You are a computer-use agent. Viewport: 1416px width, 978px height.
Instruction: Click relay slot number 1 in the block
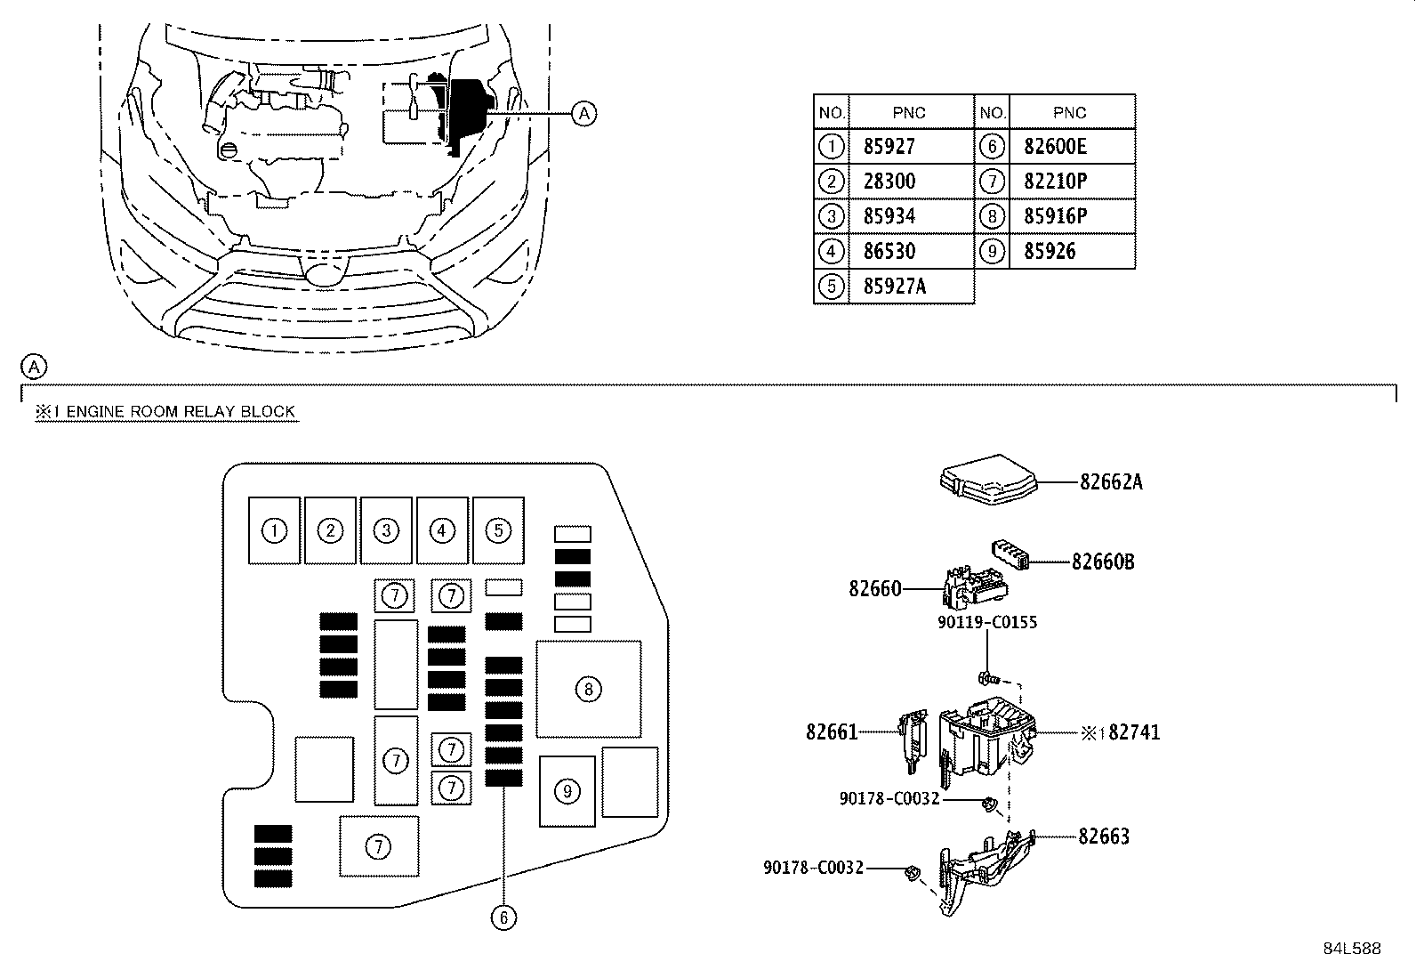pyautogui.click(x=275, y=531)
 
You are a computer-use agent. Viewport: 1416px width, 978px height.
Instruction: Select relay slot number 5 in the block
pyautogui.click(x=498, y=531)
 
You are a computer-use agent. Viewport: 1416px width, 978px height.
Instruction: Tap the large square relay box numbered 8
pyautogui.click(x=588, y=689)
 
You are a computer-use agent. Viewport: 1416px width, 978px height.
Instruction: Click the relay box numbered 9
pyautogui.click(x=567, y=791)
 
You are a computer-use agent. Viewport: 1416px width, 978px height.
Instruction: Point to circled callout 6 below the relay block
pyautogui.click(x=503, y=918)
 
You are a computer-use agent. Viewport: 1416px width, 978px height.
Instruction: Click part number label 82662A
pyautogui.click(x=1111, y=482)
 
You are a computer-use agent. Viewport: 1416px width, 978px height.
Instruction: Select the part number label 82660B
pyautogui.click(x=1103, y=562)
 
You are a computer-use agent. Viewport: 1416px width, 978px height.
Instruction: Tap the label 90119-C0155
pyautogui.click(x=987, y=622)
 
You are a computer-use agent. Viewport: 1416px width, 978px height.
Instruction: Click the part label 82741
pyautogui.click(x=1134, y=733)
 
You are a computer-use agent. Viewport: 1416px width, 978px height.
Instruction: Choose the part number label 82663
pyautogui.click(x=1104, y=837)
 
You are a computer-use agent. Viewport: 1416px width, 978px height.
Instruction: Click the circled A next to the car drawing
pyautogui.click(x=583, y=113)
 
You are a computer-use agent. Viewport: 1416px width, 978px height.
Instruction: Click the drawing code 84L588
pyautogui.click(x=1351, y=949)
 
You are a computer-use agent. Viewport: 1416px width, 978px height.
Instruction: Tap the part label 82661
pyautogui.click(x=832, y=732)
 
